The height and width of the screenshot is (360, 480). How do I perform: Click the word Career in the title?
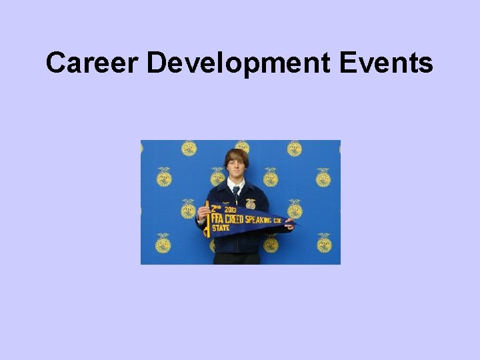pyautogui.click(x=92, y=63)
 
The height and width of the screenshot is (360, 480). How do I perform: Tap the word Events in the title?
pyautogui.click(x=386, y=63)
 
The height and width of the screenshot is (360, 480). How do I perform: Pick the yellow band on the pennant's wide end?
pyautogui.click(x=207, y=219)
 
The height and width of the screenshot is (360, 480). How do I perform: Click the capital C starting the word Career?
pyautogui.click(x=55, y=63)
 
